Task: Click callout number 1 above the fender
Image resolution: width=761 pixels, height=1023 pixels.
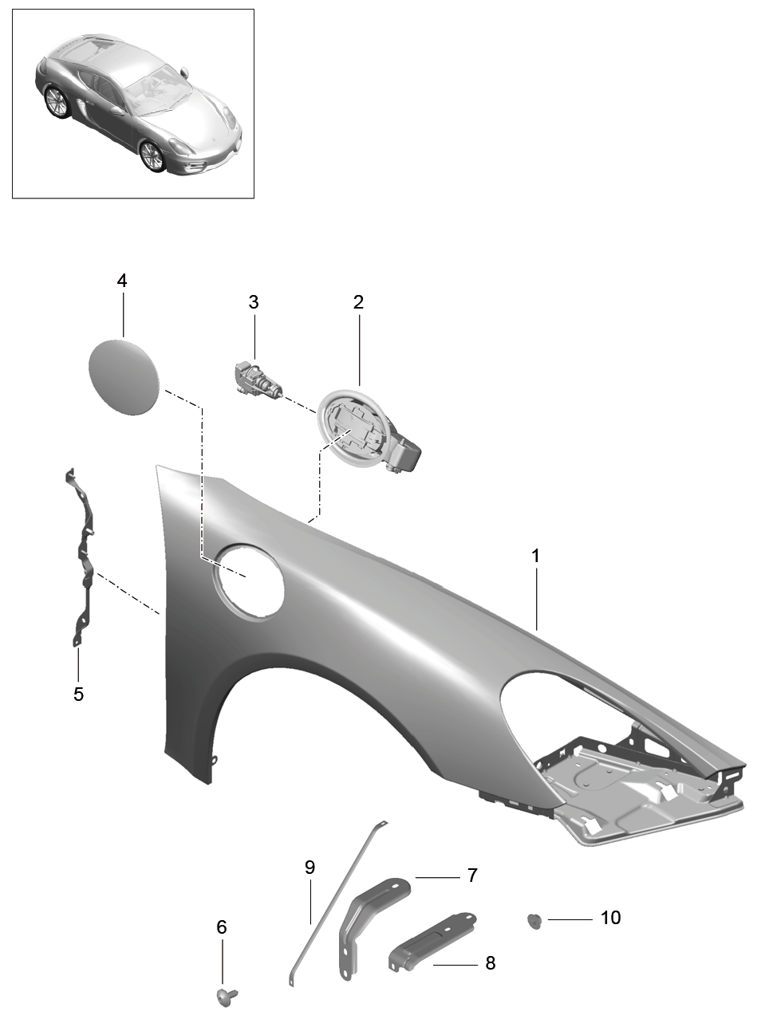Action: pos(536,556)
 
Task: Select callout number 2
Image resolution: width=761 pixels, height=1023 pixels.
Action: pos(358,302)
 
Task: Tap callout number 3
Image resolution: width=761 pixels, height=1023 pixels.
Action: pos(254,302)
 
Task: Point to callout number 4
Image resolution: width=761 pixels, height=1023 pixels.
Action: pos(121,281)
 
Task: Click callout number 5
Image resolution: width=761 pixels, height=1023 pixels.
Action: pos(78,694)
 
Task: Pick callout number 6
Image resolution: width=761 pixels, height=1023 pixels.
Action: pos(222,927)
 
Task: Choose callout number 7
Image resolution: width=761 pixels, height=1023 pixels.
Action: pos(472,875)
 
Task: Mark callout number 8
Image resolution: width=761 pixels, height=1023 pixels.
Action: pos(490,963)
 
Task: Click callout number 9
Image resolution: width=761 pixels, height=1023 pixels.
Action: pos(310,867)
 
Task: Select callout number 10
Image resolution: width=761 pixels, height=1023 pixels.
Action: pos(610,918)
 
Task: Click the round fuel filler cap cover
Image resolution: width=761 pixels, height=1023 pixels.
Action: pos(124,376)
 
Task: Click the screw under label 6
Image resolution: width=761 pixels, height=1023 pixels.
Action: pos(223,995)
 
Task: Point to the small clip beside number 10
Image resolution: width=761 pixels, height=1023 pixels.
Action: pos(534,922)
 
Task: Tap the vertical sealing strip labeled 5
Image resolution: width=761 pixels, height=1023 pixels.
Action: pos(82,558)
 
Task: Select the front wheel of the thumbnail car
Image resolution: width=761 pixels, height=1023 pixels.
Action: pos(153,156)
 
